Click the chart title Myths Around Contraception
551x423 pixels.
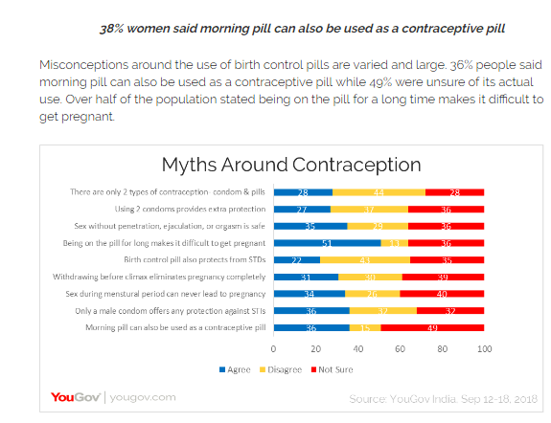(x=290, y=164)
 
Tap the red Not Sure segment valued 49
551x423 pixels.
(x=433, y=328)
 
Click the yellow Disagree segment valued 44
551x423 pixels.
(x=379, y=192)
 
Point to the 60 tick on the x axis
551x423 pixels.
(x=401, y=348)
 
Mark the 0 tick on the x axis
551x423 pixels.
(x=274, y=348)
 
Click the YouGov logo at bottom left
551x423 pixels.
(x=75, y=397)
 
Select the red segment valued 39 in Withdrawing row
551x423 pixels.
(x=445, y=278)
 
